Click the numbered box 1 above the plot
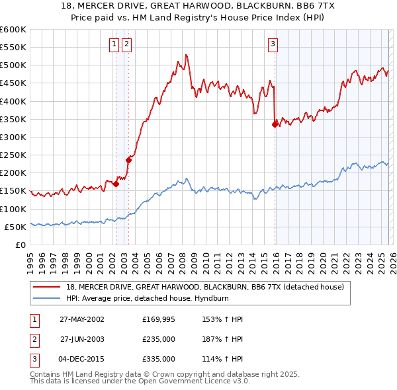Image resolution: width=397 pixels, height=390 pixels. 114,44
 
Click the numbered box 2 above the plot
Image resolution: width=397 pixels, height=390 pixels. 126,44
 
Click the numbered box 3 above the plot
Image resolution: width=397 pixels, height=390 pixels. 273,44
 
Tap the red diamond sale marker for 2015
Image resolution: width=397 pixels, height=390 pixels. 275,124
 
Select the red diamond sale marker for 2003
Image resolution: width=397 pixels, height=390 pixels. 129,159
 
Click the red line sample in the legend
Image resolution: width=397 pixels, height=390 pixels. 46,288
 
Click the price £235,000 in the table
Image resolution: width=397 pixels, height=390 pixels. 159,339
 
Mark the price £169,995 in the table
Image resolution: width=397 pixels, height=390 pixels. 159,319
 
